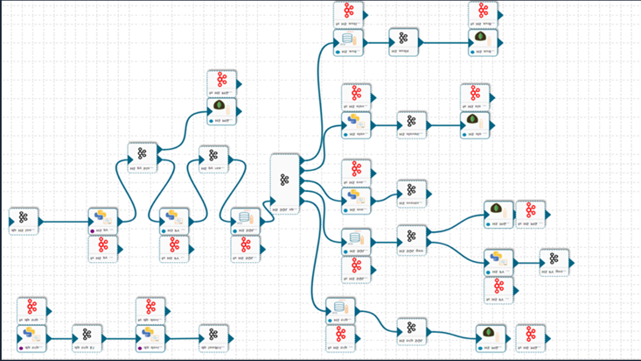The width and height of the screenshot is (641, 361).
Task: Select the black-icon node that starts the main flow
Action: point(24,219)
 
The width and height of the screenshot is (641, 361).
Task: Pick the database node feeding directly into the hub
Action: point(244,219)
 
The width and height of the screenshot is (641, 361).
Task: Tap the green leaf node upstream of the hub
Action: point(220,107)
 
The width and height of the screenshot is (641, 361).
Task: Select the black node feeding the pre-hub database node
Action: point(213,159)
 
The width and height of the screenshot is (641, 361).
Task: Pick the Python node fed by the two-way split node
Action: point(499,260)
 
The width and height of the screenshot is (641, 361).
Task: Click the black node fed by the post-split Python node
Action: point(554,260)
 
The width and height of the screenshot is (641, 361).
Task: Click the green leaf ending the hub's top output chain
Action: point(484,40)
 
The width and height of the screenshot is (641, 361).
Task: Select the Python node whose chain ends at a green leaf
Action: point(356,124)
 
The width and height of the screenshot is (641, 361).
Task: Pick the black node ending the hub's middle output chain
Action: point(412,192)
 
